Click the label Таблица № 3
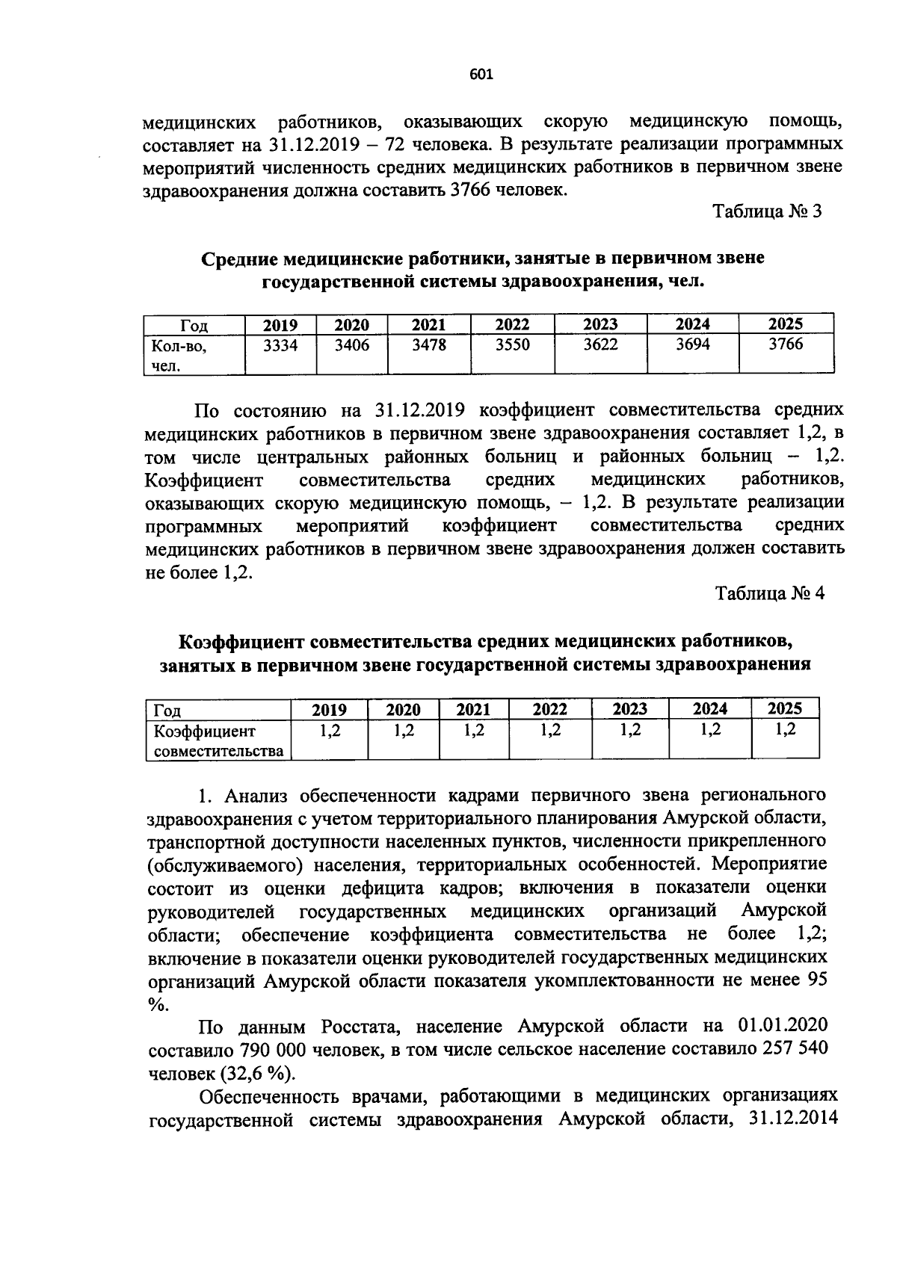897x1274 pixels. point(767,211)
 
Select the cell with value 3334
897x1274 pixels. point(280,345)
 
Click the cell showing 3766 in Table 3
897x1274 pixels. point(786,344)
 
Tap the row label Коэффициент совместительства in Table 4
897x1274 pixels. point(218,740)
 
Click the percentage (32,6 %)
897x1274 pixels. point(257,1073)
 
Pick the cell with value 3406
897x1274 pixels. point(351,345)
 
